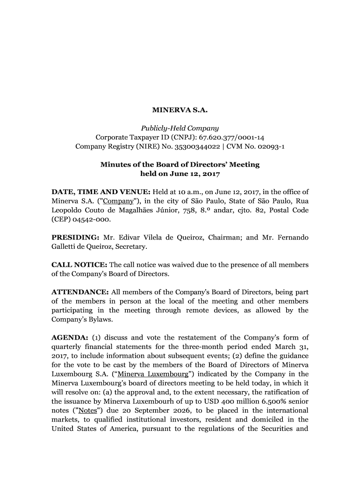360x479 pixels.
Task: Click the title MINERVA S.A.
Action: pyautogui.click(x=180, y=110)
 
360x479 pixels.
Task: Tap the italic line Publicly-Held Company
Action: pyautogui.click(x=180, y=128)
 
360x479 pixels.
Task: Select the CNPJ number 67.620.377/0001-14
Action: pyautogui.click(x=232, y=137)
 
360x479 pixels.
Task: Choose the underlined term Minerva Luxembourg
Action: pyautogui.click(x=153, y=374)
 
